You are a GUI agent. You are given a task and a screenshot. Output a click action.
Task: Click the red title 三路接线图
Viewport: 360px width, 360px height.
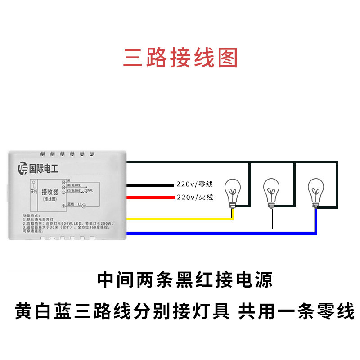point(180,58)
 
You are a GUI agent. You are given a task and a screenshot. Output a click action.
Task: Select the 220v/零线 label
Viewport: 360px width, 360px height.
point(194,184)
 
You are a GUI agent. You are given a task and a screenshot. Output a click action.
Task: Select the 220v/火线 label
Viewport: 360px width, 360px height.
point(194,197)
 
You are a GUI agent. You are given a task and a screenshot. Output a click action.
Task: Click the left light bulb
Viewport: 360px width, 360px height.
point(233,190)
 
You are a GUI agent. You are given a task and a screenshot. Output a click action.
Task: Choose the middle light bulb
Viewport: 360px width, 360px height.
point(271,190)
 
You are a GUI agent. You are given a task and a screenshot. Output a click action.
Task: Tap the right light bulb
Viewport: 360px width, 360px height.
point(315,190)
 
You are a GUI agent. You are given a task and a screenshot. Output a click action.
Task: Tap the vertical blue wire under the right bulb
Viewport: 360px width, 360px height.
point(315,220)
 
